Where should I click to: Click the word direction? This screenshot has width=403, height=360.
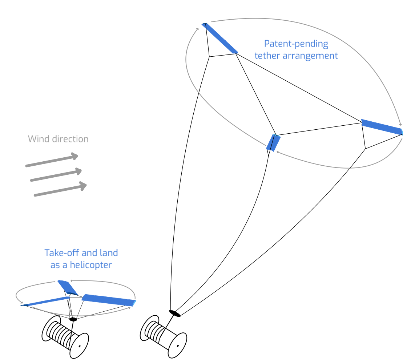pos(69,139)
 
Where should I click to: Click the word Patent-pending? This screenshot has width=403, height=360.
pos(296,44)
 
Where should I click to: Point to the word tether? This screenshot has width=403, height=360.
pos(267,56)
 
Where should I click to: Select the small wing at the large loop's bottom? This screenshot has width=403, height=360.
pos(273,142)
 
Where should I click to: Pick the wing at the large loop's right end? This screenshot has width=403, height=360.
pos(382,127)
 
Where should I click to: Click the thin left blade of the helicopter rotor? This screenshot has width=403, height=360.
pos(46,301)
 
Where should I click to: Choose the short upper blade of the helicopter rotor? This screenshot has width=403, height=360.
pos(68,287)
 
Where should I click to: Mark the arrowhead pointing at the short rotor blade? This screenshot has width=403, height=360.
pos(72,280)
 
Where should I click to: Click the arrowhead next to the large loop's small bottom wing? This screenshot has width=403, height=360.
pos(278,152)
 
